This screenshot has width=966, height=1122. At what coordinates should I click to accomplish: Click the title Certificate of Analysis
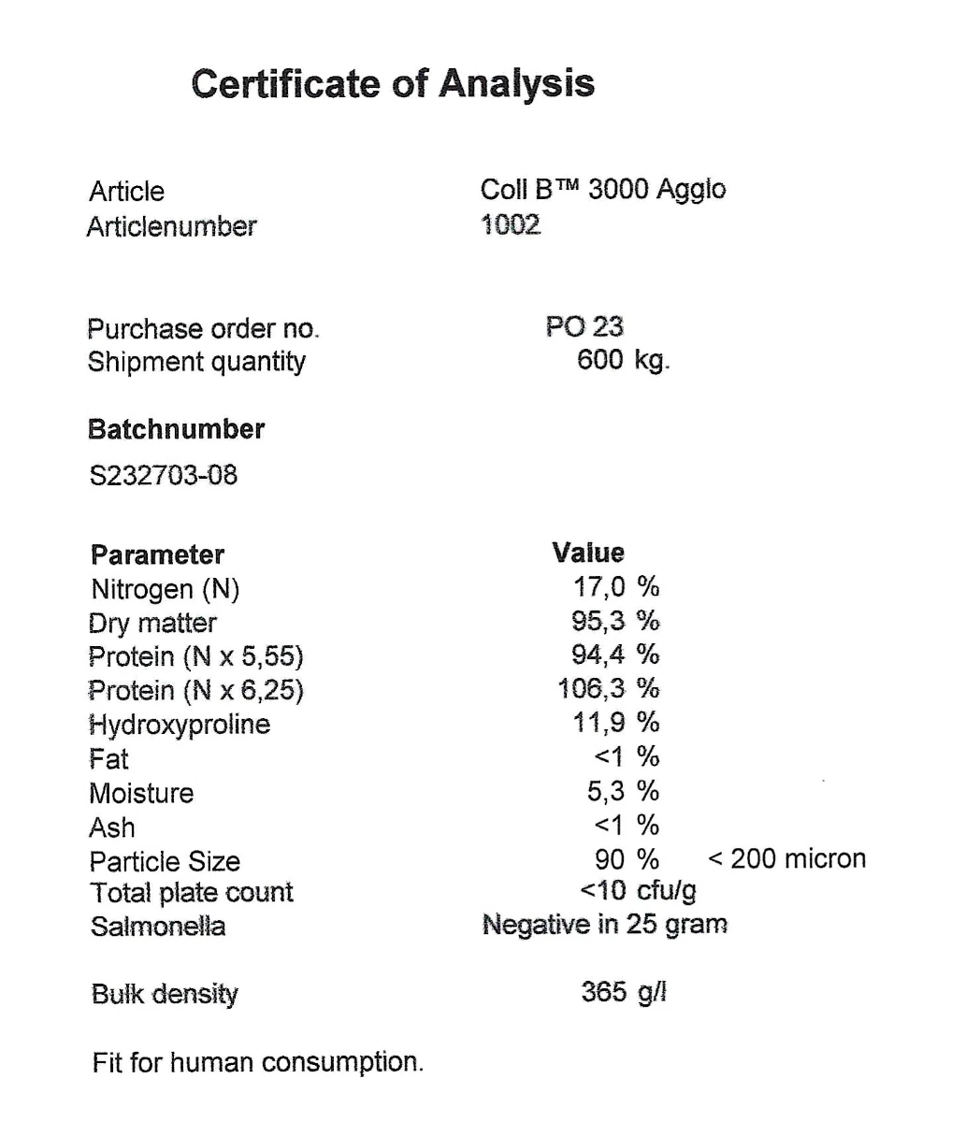click(393, 83)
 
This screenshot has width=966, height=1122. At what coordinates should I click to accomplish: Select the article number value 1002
click(511, 225)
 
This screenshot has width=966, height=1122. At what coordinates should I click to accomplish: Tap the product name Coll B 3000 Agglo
click(602, 190)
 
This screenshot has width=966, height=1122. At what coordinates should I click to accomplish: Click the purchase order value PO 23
click(584, 327)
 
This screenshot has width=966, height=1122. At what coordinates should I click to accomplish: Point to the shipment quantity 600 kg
click(623, 361)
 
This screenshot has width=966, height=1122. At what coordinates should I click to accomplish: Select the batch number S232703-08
click(163, 475)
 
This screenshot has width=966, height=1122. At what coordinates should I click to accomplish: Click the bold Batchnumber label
click(176, 430)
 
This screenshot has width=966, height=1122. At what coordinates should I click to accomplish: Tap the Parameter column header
click(157, 555)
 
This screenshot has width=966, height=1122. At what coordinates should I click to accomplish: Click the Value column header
click(588, 553)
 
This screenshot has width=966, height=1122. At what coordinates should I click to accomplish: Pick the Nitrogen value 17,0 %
click(615, 587)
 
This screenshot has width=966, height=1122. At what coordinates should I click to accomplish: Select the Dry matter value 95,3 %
click(615, 621)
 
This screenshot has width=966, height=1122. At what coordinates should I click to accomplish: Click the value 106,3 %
click(609, 689)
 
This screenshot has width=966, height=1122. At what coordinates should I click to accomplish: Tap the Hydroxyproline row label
click(180, 725)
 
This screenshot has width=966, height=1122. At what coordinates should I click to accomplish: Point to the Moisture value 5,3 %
click(623, 792)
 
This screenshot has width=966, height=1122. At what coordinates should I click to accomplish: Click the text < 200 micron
click(786, 858)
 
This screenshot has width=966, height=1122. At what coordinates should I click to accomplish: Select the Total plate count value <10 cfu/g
click(638, 890)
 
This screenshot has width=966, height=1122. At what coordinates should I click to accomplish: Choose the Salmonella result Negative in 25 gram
click(604, 926)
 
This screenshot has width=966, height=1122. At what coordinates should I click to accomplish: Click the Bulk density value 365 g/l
click(624, 992)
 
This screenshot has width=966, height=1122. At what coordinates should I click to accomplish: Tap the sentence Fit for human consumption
click(257, 1063)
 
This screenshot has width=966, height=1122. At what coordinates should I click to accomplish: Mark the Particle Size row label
click(165, 861)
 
